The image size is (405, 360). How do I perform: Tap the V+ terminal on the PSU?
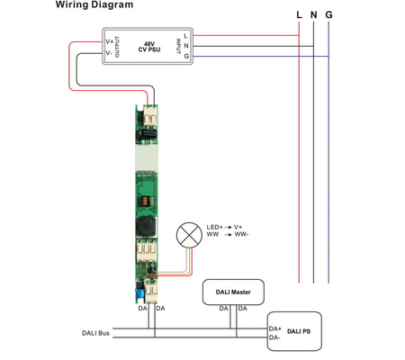pyautogui.click(x=110, y=40)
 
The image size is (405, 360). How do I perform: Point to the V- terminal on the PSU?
pyautogui.click(x=110, y=51)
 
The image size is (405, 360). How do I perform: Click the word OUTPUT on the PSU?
pyautogui.click(x=119, y=46)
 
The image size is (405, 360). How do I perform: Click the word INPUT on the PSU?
pyautogui.click(x=175, y=46)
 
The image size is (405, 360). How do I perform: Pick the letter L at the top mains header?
pyautogui.click(x=299, y=15)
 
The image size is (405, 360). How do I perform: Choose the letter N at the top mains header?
pyautogui.click(x=313, y=15)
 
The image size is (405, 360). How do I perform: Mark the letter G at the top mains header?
pyautogui.click(x=328, y=15)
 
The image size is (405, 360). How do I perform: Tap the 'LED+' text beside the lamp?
pyautogui.click(x=214, y=227)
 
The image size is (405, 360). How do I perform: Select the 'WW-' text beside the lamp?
pyautogui.click(x=240, y=235)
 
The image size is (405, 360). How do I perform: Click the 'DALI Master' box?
pyautogui.click(x=233, y=291)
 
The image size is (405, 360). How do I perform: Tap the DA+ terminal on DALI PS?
pyautogui.click(x=274, y=328)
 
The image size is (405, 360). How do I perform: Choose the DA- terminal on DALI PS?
pyautogui.click(x=274, y=337)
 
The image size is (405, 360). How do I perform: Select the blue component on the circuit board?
pyautogui.click(x=139, y=292)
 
